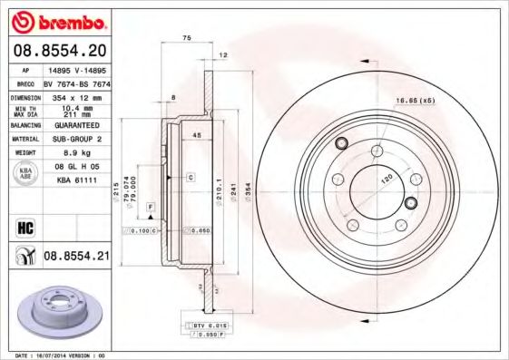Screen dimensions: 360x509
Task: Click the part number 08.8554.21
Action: click(x=76, y=257)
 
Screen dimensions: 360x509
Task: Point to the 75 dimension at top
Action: click(x=186, y=38)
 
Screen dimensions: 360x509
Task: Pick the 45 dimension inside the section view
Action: click(x=196, y=136)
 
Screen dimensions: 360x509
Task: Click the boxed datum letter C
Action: click(x=191, y=177)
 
